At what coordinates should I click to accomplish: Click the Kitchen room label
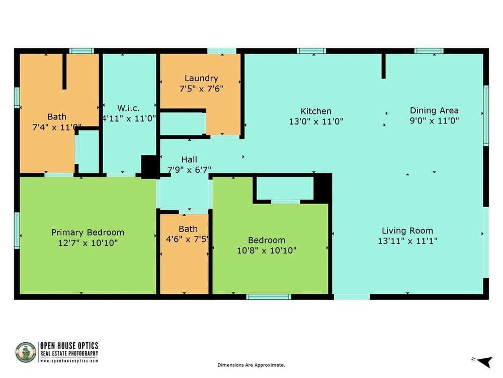tap(316, 111)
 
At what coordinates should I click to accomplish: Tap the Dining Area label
tap(434, 110)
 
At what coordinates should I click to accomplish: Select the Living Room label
tap(407, 231)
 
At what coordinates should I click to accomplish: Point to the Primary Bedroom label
tap(88, 232)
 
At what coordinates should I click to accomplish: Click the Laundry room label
tap(201, 79)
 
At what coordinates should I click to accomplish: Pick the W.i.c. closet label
tap(128, 108)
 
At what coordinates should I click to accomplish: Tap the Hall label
tap(189, 159)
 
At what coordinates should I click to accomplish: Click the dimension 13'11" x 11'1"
tap(407, 241)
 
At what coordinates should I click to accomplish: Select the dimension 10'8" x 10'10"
tap(267, 250)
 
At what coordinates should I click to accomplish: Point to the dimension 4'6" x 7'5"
tap(187, 239)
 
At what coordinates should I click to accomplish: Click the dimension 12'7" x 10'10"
tap(88, 243)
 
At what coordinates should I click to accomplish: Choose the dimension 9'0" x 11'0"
tap(434, 121)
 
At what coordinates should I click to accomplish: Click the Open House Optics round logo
tap(26, 352)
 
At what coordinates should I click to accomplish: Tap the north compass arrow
tap(485, 361)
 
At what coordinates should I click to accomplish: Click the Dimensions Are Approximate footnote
tap(251, 365)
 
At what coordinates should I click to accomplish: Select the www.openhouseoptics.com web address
tap(69, 361)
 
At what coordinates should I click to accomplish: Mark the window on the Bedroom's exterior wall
tap(269, 297)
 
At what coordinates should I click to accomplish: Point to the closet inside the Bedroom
tap(285, 188)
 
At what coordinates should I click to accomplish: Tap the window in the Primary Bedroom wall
tap(17, 230)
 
